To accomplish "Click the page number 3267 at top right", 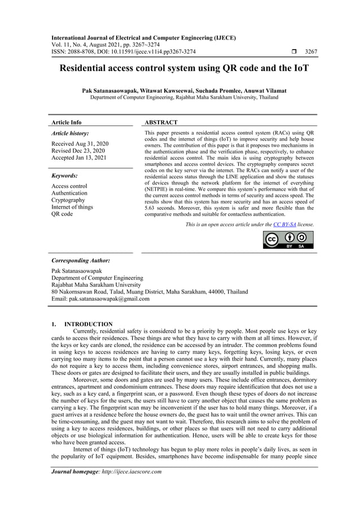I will [310, 52].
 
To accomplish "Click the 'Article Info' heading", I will [67, 122].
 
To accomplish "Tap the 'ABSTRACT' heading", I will [161, 122].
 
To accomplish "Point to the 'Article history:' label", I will [70, 134].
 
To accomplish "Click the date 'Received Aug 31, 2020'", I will [80, 144].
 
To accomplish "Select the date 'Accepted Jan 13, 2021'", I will [80, 158].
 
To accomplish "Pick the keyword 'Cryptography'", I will [68, 200].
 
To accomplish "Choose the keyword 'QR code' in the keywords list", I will [62, 214].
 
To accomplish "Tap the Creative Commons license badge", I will [288, 239].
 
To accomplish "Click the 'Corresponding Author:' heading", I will [81, 261].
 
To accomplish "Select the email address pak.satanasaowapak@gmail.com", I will [100, 299].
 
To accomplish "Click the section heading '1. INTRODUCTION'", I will [82, 324].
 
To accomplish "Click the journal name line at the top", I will [143, 38].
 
